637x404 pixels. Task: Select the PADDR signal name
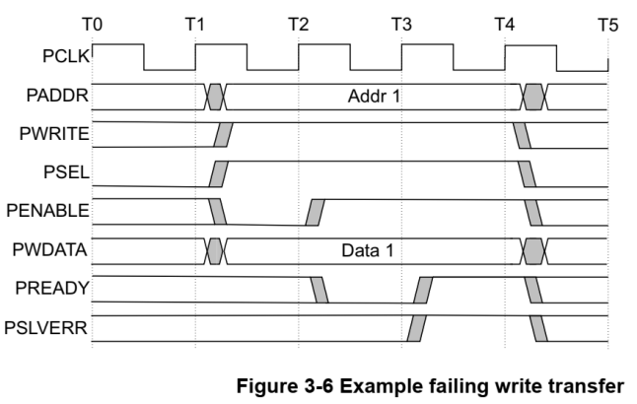tap(61, 96)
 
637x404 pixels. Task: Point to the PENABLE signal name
tap(51, 211)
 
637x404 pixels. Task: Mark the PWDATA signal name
tap(54, 249)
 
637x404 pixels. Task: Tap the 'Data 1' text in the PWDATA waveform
tap(367, 250)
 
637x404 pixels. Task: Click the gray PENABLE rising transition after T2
tap(316, 212)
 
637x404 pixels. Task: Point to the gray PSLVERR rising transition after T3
tap(416, 328)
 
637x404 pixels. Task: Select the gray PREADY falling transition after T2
tap(319, 290)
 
